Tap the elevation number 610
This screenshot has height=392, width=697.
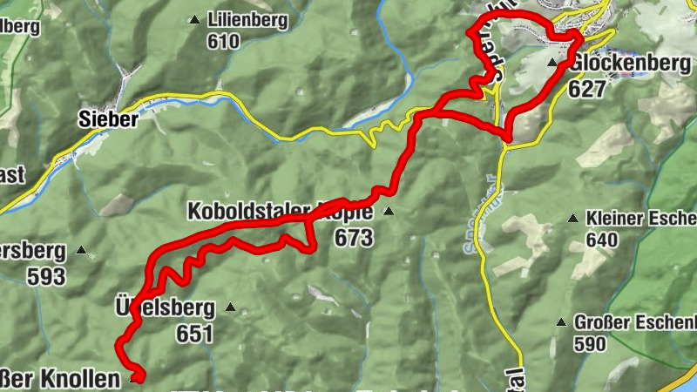tap(223, 40)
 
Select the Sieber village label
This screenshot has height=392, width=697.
tap(108, 120)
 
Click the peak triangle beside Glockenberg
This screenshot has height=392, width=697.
tap(552, 63)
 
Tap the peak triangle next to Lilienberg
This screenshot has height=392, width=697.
tap(194, 18)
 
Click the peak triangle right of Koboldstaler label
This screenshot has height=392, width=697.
tap(389, 212)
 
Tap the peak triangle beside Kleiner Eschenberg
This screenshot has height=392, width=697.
tap(572, 218)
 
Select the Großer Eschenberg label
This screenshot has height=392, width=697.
tap(635, 322)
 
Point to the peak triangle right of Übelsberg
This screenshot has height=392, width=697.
tap(230, 307)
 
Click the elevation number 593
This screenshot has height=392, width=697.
tap(46, 277)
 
